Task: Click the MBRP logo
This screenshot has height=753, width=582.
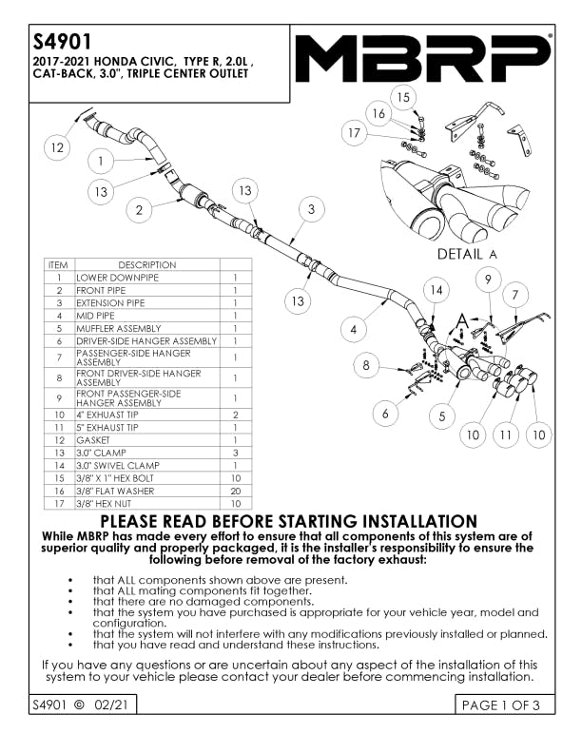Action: (x=423, y=60)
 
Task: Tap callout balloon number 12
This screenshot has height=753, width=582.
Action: (x=59, y=148)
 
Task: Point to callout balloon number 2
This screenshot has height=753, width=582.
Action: (x=140, y=210)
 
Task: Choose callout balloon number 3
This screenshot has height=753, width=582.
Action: (x=310, y=208)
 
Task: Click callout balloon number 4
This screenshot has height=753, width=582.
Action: (x=354, y=330)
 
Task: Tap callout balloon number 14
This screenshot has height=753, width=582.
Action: (x=436, y=289)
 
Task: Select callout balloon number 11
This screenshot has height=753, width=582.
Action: (x=507, y=435)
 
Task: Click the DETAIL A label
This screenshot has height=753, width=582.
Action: (x=467, y=254)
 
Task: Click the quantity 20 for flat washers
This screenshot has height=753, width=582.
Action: (x=235, y=491)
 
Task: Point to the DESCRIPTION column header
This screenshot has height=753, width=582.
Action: (x=146, y=264)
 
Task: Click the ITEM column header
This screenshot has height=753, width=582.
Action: (x=58, y=264)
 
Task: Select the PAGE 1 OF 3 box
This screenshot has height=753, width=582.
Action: (x=500, y=705)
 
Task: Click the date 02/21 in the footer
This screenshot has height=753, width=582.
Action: (x=107, y=705)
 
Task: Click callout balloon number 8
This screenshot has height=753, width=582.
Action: (x=368, y=364)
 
